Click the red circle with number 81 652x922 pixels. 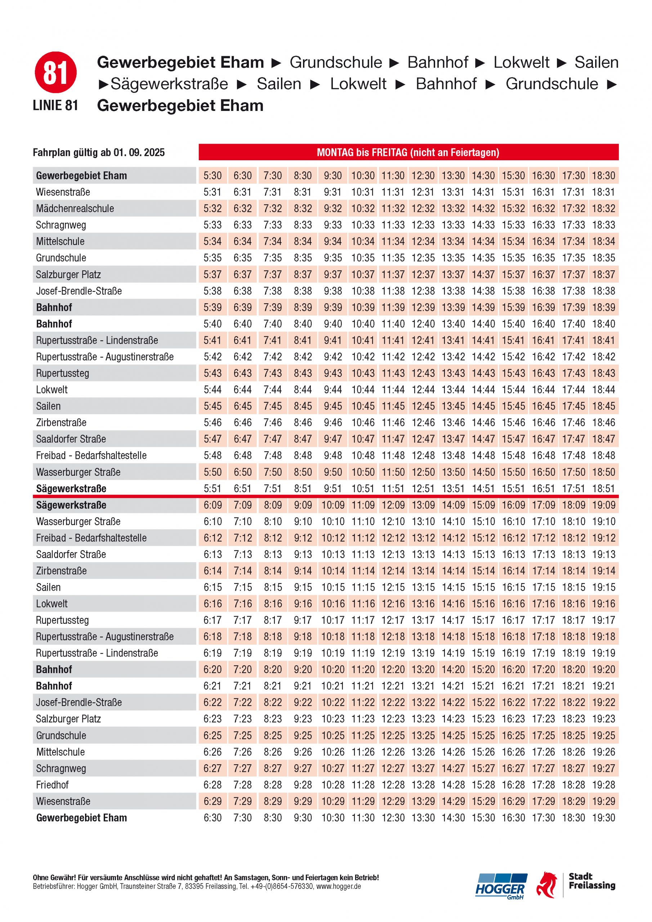click(x=55, y=72)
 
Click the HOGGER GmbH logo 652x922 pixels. click(x=501, y=886)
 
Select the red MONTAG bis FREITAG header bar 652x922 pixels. click(x=408, y=152)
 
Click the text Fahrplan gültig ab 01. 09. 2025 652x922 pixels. click(x=99, y=153)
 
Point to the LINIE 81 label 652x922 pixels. click(x=55, y=105)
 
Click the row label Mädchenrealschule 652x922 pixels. click(x=75, y=209)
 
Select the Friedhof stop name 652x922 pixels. click(x=52, y=785)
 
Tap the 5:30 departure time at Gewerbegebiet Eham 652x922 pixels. click(x=213, y=175)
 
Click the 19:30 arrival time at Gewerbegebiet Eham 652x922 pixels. click(x=603, y=818)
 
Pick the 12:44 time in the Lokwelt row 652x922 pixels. click(x=423, y=390)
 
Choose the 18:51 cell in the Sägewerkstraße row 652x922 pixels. click(x=603, y=488)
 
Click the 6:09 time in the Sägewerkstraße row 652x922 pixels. click(x=213, y=505)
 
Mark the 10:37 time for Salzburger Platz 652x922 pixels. click(x=363, y=274)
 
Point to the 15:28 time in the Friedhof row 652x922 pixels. click(x=483, y=785)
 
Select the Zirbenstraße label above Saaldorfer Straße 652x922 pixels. click(x=61, y=422)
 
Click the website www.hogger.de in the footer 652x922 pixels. click(x=339, y=886)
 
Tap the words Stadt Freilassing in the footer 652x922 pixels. click(x=592, y=881)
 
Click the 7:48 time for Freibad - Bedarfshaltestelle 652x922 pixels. click(x=272, y=455)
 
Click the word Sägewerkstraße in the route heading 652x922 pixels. click(x=169, y=84)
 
